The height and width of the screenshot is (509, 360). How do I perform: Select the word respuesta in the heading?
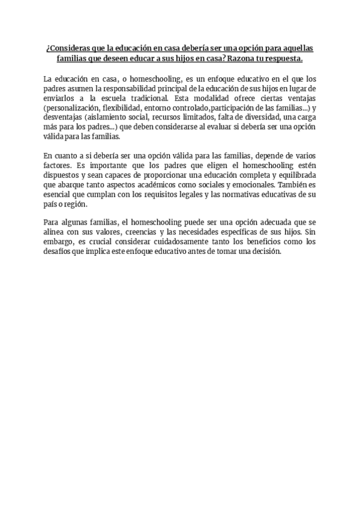click(281, 60)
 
